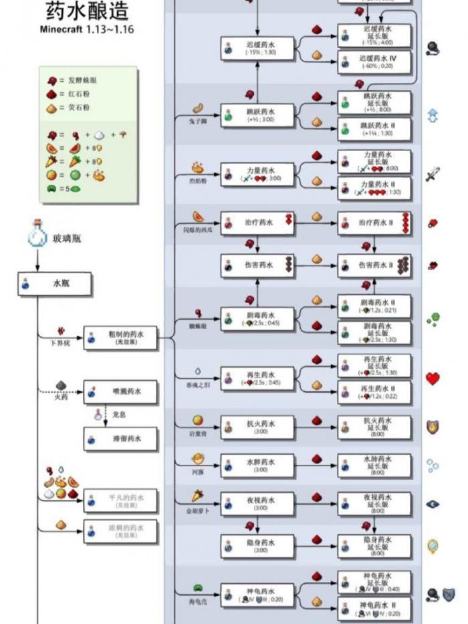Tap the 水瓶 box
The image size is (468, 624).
54,284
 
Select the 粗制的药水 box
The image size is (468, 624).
120,338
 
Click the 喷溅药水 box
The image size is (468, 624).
120,392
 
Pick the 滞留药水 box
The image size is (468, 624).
120,439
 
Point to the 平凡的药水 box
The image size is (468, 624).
120,501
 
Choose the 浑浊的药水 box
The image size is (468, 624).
120,532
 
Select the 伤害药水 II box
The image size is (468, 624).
374,266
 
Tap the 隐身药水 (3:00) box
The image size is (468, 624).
257,546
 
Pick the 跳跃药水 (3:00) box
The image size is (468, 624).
257,113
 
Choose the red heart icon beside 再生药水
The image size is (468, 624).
433,379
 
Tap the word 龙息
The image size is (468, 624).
120,415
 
